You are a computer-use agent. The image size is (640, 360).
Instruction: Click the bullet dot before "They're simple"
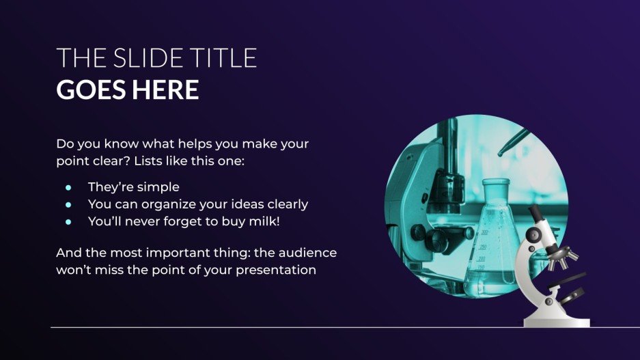(x=68, y=186)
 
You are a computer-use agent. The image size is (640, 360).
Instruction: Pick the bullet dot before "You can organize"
(x=68, y=204)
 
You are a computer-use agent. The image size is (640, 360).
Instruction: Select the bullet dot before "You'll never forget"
(x=68, y=221)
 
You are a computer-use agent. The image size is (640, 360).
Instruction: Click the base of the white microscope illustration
(x=556, y=320)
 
